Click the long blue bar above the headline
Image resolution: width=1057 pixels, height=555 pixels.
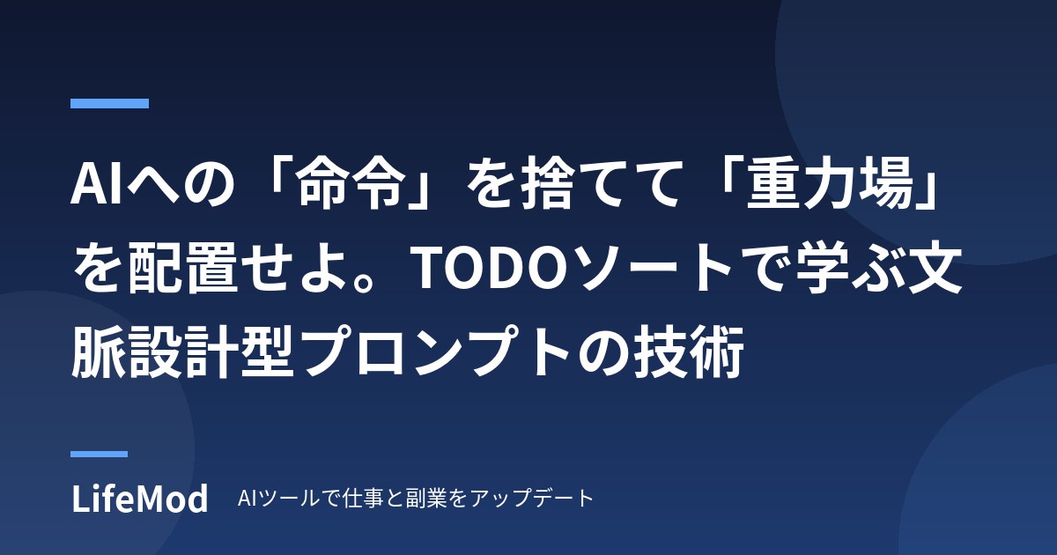click(x=109, y=103)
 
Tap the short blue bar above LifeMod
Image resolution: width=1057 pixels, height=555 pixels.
click(x=99, y=454)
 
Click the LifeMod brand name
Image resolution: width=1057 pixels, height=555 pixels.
click(x=140, y=499)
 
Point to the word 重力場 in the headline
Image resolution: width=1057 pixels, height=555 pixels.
click(x=829, y=183)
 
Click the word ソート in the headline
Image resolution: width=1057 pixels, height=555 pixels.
click(x=657, y=268)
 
